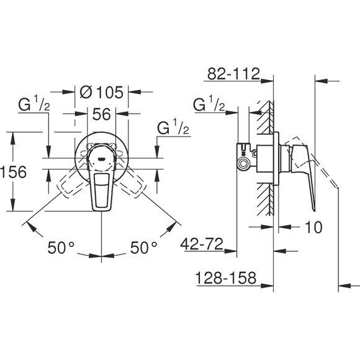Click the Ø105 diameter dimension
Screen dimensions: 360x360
click(101, 92)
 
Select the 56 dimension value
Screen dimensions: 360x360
click(101, 114)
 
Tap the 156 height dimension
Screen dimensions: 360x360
click(13, 172)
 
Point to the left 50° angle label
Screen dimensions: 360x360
click(61, 248)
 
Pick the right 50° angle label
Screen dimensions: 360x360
click(144, 248)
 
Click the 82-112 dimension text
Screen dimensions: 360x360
click(233, 74)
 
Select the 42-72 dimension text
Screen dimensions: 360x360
click(202, 244)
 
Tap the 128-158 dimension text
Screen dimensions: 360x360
click(226, 277)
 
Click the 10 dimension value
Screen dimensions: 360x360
click(313, 227)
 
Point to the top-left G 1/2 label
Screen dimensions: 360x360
click(34, 104)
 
